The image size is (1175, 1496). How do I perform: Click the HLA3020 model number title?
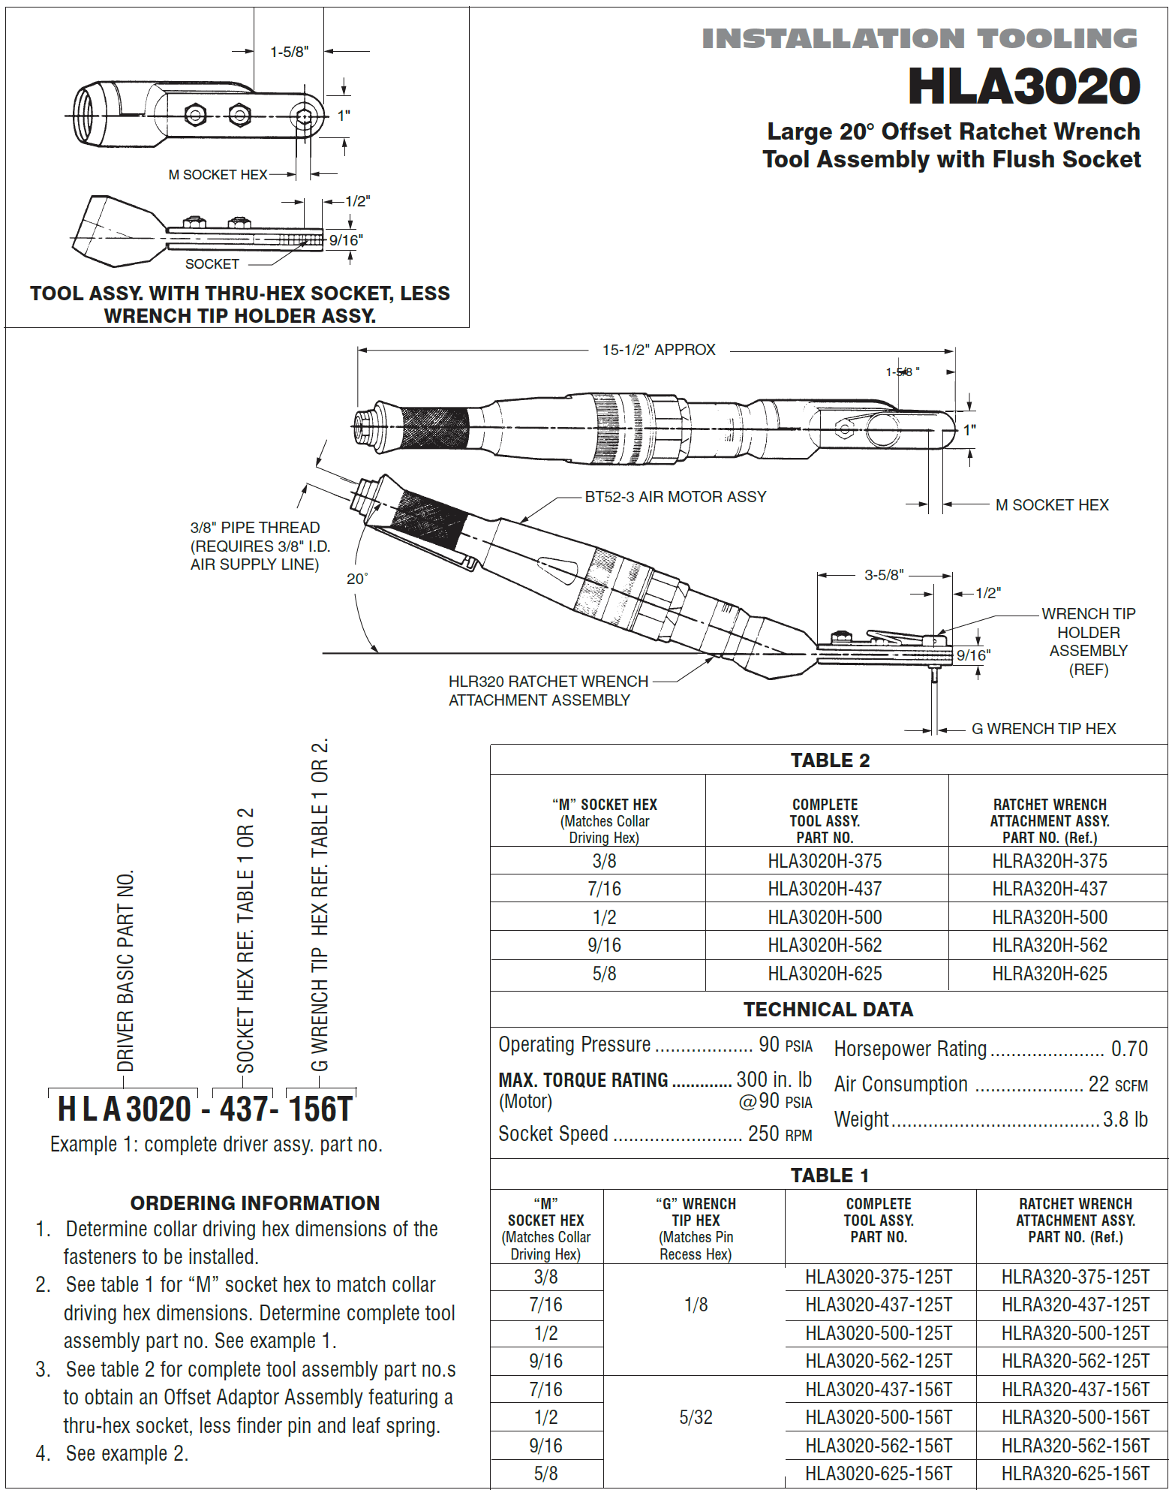[1023, 86]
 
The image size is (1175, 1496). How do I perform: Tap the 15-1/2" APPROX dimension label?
[658, 350]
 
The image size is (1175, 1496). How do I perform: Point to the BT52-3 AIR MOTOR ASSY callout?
[675, 497]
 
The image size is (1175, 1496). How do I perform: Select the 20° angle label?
[357, 579]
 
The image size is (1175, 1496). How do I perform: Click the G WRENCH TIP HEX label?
[1043, 729]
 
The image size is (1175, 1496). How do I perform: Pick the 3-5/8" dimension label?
[884, 575]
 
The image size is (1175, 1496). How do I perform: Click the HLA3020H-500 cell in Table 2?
[825, 917]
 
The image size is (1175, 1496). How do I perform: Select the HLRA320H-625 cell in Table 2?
[1049, 974]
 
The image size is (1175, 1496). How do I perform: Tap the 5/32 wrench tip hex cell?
[696, 1417]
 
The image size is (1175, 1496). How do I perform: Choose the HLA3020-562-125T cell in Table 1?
[879, 1361]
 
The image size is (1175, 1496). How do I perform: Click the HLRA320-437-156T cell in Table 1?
[1074, 1389]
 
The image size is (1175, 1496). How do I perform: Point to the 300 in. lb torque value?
[774, 1079]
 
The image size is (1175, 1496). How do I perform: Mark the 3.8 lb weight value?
[1125, 1119]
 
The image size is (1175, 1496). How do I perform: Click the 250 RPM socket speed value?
[780, 1133]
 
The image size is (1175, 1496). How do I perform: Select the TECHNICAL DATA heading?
[828, 1010]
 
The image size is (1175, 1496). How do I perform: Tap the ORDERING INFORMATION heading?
[255, 1203]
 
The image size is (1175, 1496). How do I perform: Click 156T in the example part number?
[320, 1109]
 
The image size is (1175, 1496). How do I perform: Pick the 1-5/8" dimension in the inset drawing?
[289, 52]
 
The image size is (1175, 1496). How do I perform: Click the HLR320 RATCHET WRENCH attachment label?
[548, 691]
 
